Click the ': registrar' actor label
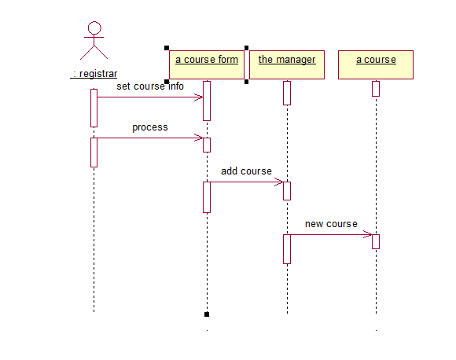pyautogui.click(x=94, y=74)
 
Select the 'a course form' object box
pyautogui.click(x=207, y=64)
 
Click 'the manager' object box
pyautogui.click(x=287, y=64)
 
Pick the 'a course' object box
pyautogui.click(x=376, y=64)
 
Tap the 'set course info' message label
pyautogui.click(x=150, y=86)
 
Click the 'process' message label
pyautogui.click(x=150, y=127)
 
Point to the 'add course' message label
pyautogui.click(x=246, y=171)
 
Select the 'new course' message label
pyautogui.click(x=331, y=224)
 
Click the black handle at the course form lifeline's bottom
pyautogui.click(x=207, y=314)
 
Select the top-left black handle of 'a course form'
pyautogui.click(x=167, y=48)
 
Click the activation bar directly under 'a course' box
pyautogui.click(x=376, y=89)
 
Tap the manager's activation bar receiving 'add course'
pyautogui.click(x=287, y=191)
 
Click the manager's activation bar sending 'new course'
pyautogui.click(x=287, y=249)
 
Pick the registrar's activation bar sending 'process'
pyautogui.click(x=94, y=152)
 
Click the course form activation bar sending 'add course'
pyautogui.click(x=207, y=197)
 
